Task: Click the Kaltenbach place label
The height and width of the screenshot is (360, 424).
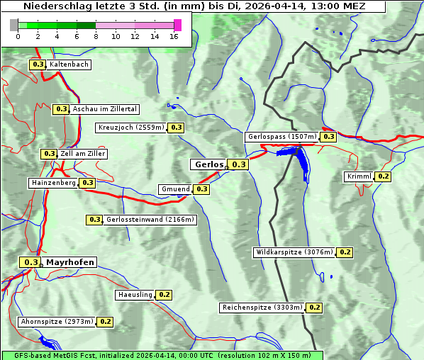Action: pos(69,64)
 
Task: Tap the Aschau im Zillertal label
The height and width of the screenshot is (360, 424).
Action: pos(104,109)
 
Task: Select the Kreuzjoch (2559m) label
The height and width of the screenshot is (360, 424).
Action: pos(130,128)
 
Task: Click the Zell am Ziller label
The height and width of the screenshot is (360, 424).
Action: pos(83,154)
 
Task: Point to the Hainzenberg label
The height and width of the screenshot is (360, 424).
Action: pos(52,183)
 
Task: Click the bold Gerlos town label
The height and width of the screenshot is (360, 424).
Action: pos(208,164)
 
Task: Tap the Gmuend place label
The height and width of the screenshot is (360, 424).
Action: pos(175,189)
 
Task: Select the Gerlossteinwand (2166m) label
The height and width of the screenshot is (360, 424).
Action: pos(150,220)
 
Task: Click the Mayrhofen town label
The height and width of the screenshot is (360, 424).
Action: pos(69,262)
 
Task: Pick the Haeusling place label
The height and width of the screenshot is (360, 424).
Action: pos(134,294)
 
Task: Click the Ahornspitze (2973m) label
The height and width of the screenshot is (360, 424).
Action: pos(57,322)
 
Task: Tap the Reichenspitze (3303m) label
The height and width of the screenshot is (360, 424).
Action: pos(262,308)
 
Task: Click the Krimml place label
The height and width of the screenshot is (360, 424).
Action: pos(359,176)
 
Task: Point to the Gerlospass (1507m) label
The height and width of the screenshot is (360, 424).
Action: pos(281,137)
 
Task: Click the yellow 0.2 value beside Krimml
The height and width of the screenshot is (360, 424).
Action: pos(384,176)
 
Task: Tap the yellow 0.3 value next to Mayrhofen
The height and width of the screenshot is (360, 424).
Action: pos(30,262)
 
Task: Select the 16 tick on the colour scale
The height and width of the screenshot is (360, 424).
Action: pos(174,36)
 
